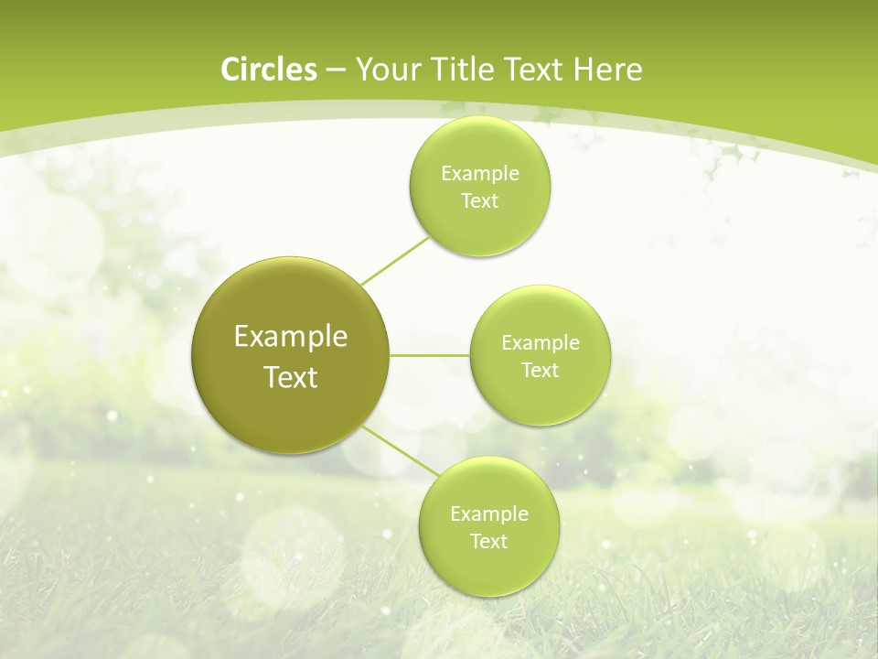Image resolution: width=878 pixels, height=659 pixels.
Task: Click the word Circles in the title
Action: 269,70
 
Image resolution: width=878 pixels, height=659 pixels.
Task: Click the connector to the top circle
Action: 395,260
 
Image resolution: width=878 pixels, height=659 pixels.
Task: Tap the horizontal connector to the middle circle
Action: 430,354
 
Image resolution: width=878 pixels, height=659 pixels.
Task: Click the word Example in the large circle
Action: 291,337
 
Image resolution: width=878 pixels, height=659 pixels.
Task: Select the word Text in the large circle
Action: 291,377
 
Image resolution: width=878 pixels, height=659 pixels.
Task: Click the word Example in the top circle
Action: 480,174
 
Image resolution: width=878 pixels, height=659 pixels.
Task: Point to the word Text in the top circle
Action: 480,201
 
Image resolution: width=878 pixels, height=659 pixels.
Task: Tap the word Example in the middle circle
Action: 541,343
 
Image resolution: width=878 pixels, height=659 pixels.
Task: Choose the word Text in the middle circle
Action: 541,371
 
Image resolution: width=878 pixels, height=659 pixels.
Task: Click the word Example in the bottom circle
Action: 489,514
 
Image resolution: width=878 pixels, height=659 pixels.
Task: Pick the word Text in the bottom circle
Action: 489,542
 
